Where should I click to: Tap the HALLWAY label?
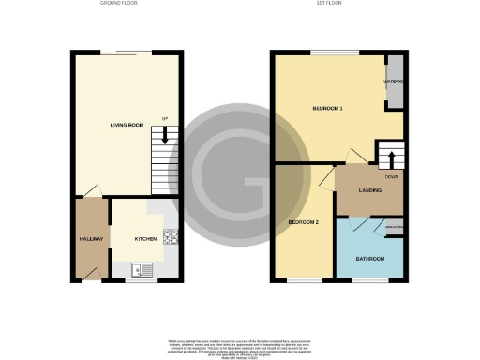pyautogui.click(x=90, y=239)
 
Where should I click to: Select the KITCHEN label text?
pyautogui.click(x=144, y=239)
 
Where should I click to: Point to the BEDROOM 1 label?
pyautogui.click(x=327, y=109)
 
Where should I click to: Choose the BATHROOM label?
pyautogui.click(x=369, y=259)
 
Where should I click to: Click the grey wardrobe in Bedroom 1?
pyautogui.click(x=396, y=82)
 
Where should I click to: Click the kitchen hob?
pyautogui.click(x=171, y=237)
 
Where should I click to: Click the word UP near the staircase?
pyautogui.click(x=165, y=118)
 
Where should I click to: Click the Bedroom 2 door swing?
pyautogui.click(x=324, y=176)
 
